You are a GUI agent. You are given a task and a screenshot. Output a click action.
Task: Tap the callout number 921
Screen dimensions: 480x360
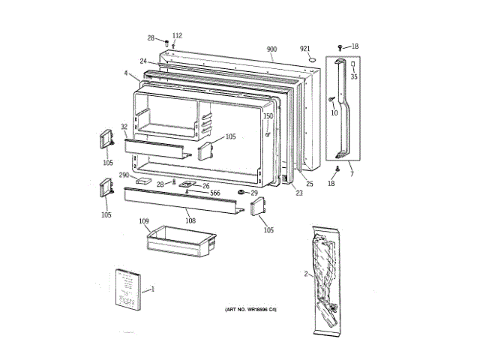pos(305,49)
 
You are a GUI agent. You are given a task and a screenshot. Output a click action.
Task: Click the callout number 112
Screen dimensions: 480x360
pos(177,36)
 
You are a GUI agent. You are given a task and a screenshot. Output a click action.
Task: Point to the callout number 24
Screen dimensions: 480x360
pos(142,61)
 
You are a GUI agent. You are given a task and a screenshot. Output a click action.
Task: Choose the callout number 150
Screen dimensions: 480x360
pos(268,116)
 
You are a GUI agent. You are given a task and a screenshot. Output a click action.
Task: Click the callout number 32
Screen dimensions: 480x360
pos(124,127)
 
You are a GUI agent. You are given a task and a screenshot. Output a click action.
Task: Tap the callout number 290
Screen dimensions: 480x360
pos(124,175)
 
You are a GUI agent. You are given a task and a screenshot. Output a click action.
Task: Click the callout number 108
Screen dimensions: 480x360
pos(190,220)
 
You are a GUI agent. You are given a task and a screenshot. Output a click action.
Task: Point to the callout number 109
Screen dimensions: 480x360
pos(144,221)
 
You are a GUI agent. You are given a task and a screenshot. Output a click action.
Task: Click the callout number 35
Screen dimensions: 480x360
pos(354,76)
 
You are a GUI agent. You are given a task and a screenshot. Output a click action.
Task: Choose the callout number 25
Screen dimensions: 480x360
pos(309,184)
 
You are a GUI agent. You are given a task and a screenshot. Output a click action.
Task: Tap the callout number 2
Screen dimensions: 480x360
pos(305,274)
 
